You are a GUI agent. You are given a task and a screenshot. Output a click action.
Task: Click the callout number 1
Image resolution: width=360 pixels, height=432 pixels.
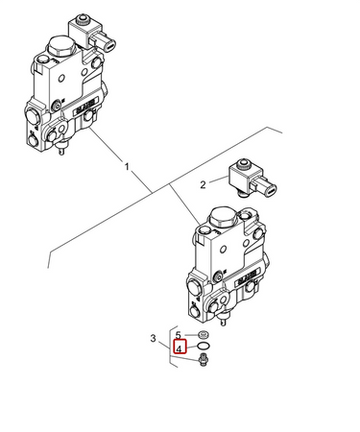[x=127, y=167]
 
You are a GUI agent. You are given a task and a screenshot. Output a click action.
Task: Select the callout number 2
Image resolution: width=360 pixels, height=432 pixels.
[x=203, y=184]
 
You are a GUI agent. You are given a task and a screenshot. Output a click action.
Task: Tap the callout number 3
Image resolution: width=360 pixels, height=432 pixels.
[x=154, y=338]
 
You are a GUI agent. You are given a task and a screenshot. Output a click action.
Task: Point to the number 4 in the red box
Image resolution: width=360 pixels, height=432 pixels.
[x=180, y=348]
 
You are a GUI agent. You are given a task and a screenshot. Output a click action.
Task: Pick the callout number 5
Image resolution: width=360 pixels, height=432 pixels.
[x=179, y=335]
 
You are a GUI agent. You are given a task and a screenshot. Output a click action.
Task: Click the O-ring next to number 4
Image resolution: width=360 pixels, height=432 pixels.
[x=204, y=346]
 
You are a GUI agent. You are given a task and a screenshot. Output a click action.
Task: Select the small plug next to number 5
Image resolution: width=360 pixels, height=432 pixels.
[x=204, y=335]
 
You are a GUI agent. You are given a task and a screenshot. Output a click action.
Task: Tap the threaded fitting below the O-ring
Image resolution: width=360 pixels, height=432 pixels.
[x=203, y=359]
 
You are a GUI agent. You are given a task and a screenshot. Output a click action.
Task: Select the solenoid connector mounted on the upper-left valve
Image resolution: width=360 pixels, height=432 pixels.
[x=91, y=33]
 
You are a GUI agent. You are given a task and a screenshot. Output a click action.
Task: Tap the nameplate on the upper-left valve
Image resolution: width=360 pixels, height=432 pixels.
[x=85, y=107]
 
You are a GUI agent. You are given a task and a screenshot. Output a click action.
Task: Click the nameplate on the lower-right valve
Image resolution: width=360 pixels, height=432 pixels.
[x=248, y=277]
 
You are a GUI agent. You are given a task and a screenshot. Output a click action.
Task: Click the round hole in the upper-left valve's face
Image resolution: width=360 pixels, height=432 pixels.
[x=62, y=78]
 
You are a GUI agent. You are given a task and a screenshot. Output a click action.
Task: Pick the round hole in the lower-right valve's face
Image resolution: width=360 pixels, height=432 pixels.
[x=224, y=249]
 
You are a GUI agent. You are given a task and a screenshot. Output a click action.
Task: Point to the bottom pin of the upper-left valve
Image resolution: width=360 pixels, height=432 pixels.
[x=60, y=149]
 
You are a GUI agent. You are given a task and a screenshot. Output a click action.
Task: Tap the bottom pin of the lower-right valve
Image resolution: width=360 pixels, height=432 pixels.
[x=223, y=320]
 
